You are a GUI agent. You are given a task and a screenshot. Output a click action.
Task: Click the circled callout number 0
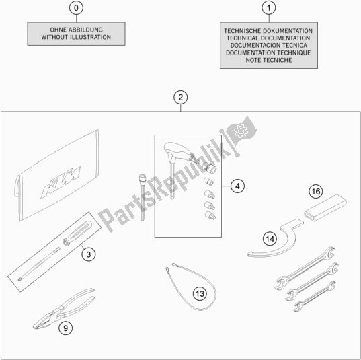(x=76, y=8)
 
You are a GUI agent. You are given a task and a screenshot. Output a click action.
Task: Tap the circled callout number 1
(x=269, y=8)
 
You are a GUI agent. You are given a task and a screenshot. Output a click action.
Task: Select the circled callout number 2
(x=180, y=98)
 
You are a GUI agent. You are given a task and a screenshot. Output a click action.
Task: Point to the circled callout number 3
(x=89, y=254)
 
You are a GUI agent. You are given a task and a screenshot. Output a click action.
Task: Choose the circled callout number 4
(x=237, y=186)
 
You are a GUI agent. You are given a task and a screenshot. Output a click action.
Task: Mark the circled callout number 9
(x=66, y=328)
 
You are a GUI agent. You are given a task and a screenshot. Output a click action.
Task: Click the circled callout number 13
(x=200, y=293)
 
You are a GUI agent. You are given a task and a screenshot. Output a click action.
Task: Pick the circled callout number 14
(x=270, y=239)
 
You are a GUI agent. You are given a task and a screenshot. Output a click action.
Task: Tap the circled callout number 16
(x=316, y=191)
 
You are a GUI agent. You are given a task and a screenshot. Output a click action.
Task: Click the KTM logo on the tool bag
(x=61, y=182)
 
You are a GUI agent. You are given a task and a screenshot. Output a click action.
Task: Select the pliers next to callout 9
(x=64, y=308)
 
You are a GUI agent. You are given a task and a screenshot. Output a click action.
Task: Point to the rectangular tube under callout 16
(x=325, y=208)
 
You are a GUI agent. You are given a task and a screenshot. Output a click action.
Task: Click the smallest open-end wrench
(x=315, y=296)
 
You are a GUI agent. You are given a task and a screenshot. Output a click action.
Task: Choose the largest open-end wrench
(x=305, y=268)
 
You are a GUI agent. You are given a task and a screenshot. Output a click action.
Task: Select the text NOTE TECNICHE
(x=269, y=60)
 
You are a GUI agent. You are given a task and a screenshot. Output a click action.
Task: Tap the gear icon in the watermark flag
(x=241, y=131)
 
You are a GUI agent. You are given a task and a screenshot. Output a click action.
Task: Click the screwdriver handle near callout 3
(x=77, y=233)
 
